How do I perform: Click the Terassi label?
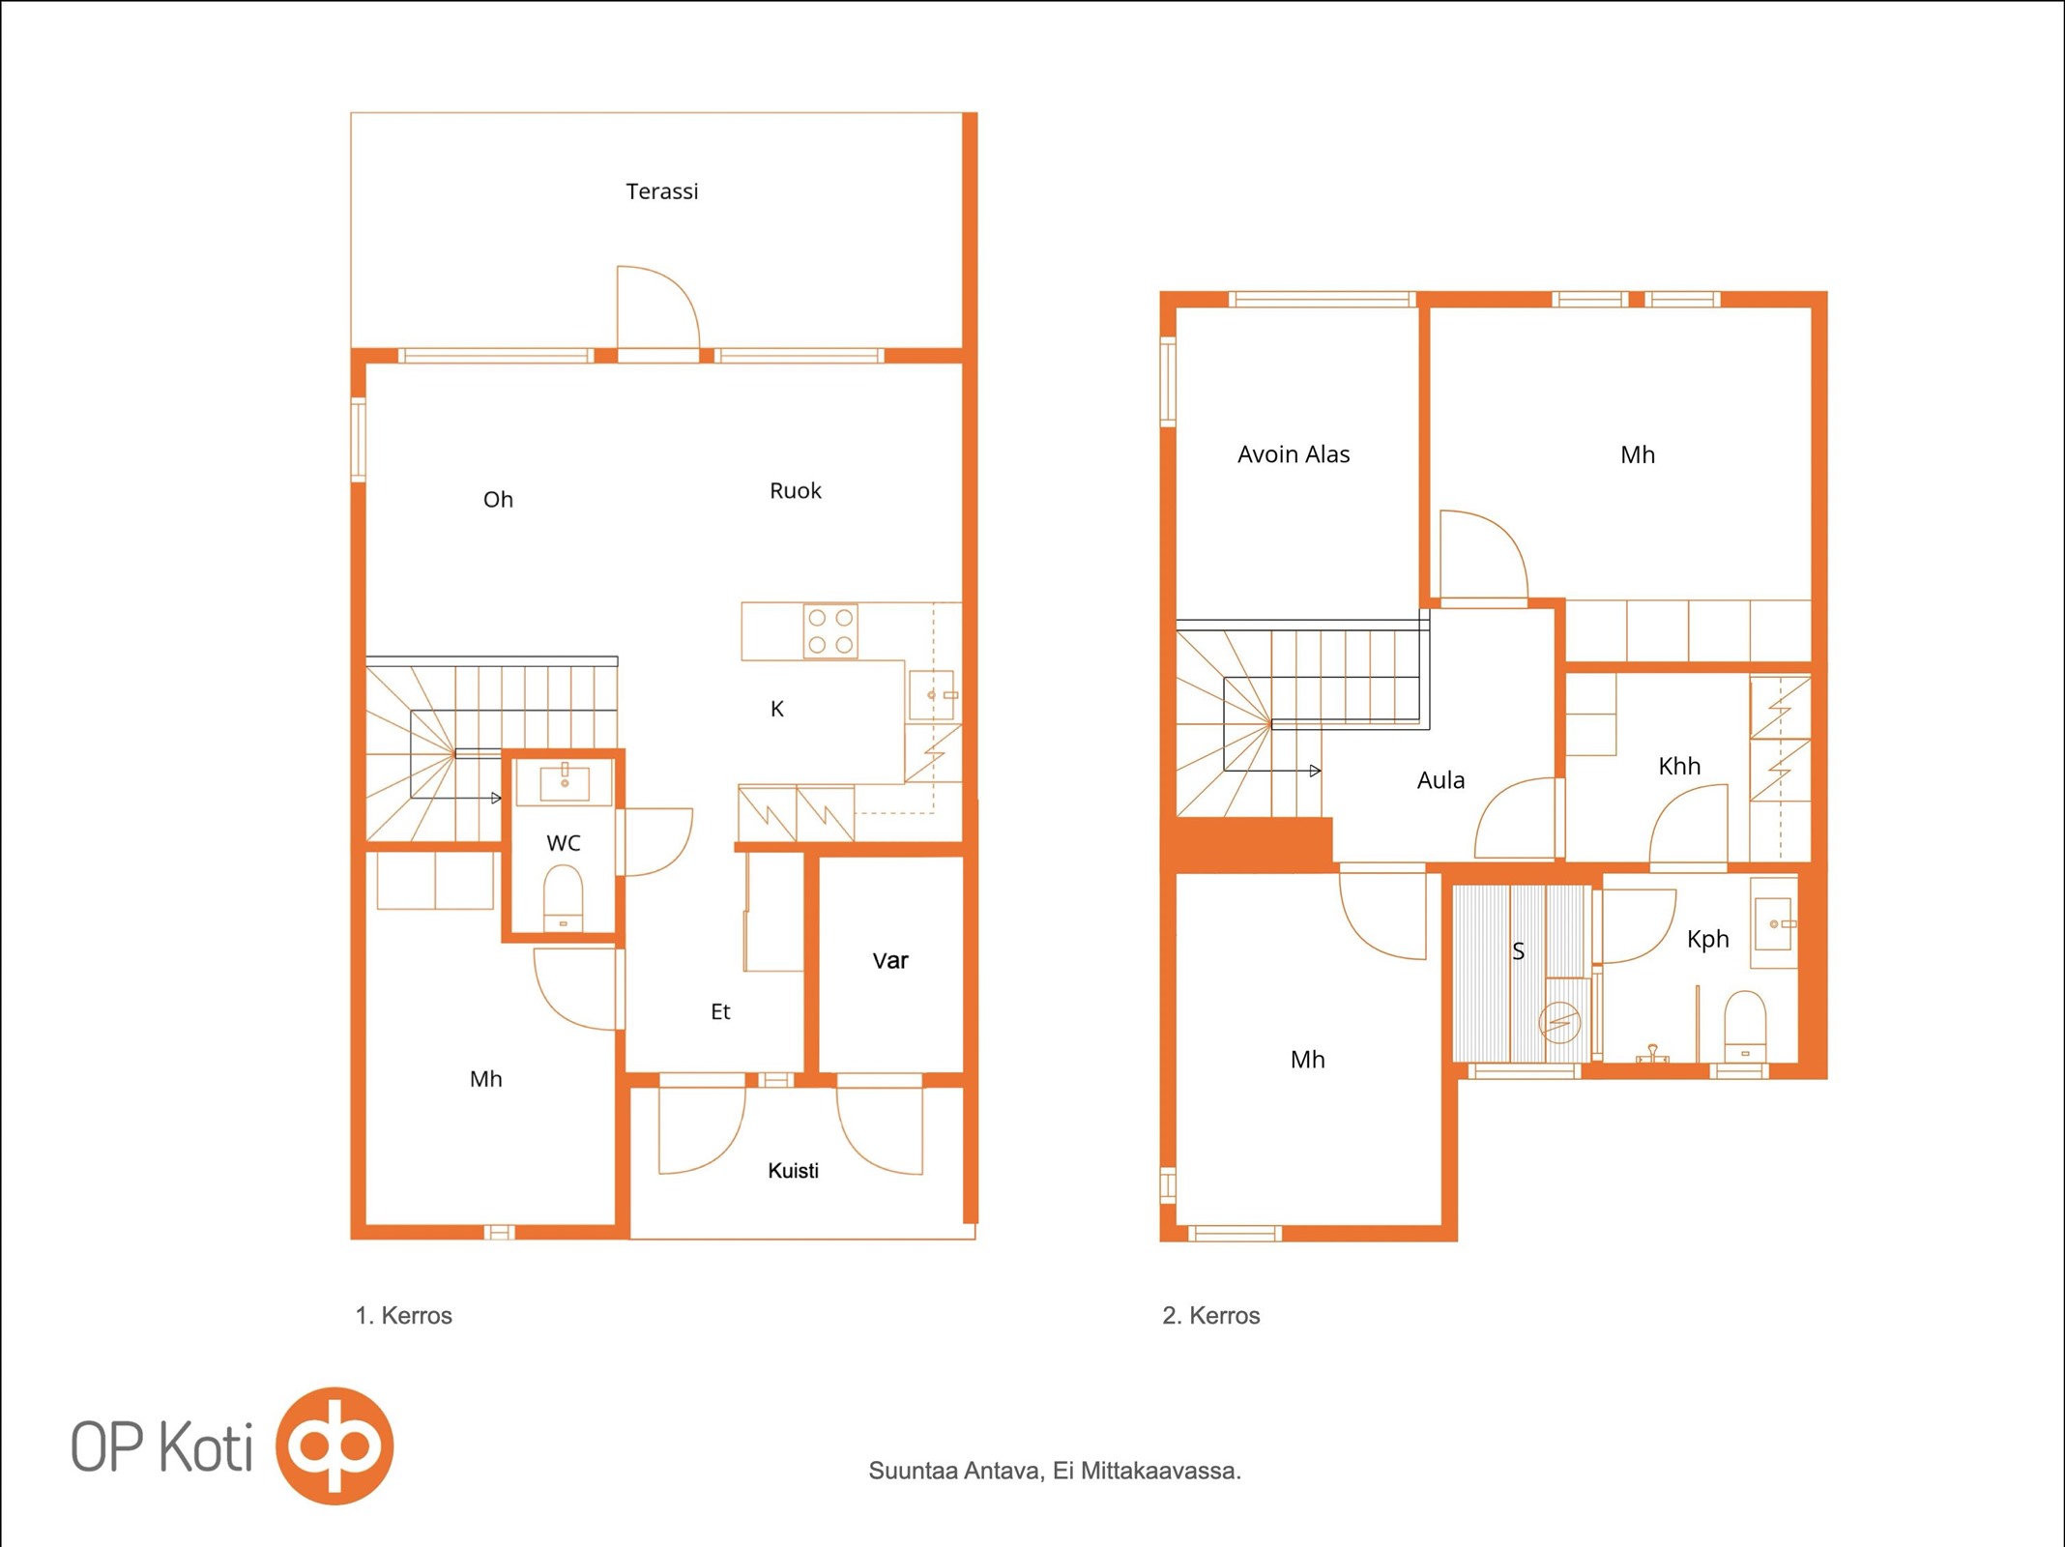tap(661, 191)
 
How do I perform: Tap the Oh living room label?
tap(498, 500)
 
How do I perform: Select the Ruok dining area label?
tap(795, 491)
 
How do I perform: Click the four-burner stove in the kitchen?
tap(830, 630)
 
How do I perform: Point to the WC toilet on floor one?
tap(563, 898)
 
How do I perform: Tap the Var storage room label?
tap(890, 961)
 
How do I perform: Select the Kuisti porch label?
tap(793, 1171)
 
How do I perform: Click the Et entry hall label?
tap(720, 1012)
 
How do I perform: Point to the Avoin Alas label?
tap(1294, 454)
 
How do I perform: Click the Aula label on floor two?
tap(1440, 780)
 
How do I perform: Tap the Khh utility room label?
tap(1679, 767)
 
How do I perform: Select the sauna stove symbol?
tap(1559, 1022)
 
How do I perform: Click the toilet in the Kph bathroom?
tap(1745, 1026)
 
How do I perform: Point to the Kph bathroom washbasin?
tap(1773, 924)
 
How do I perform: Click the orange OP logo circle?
tap(334, 1446)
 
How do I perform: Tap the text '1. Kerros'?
tap(403, 1316)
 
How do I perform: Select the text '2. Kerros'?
tap(1210, 1316)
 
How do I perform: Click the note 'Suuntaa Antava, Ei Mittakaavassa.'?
tap(1055, 1472)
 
